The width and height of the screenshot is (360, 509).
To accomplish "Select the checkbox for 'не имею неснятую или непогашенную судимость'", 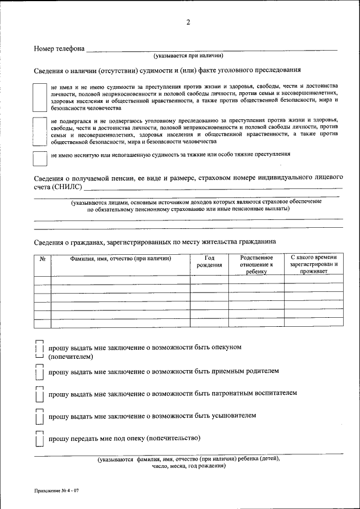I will coord(39,158).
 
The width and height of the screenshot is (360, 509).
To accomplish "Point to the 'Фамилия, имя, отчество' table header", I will coord(120,259).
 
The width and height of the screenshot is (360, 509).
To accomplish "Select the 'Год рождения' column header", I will coord(209,262).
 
